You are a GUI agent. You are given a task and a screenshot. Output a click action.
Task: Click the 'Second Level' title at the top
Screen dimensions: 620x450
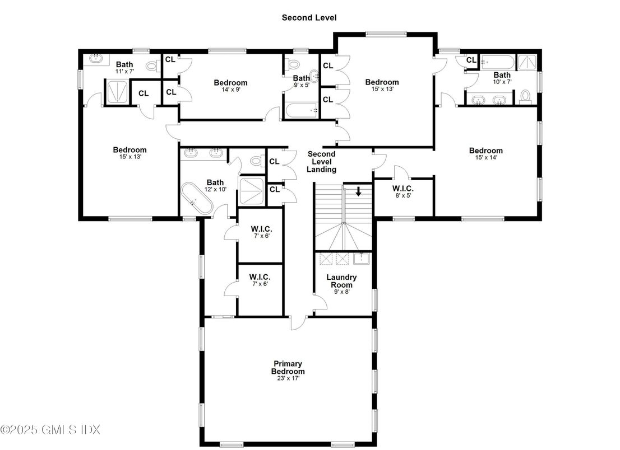pos(309,17)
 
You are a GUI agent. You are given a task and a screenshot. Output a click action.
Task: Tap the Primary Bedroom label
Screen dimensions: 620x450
pos(288,368)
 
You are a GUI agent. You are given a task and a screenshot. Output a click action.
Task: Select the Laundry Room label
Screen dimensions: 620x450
pos(341,281)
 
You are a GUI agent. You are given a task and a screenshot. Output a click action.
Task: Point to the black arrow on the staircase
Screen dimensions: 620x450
pos(358,191)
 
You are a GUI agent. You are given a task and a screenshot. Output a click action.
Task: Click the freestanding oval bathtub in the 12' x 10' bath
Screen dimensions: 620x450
pos(197,199)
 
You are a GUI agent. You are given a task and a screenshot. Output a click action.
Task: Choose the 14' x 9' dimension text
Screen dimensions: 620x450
pos(231,90)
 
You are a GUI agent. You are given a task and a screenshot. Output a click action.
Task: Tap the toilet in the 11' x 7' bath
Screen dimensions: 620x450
pos(152,66)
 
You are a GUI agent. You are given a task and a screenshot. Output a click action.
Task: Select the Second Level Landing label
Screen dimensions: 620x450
pos(321,162)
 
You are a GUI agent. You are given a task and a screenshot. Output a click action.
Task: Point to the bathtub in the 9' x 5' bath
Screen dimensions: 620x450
pos(302,110)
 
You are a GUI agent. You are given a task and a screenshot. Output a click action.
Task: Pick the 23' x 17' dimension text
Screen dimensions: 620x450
pos(288,378)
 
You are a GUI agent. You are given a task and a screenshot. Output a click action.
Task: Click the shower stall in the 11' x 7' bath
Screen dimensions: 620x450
pos(117,91)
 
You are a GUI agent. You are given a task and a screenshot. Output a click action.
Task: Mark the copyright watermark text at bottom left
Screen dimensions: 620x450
pos(50,429)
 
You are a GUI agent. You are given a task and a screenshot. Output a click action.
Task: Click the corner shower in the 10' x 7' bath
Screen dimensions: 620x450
pos(528,63)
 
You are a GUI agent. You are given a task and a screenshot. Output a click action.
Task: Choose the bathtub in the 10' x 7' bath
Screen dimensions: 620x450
pos(498,62)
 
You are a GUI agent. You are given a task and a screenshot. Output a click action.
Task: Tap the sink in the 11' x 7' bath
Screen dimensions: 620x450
pos(96,59)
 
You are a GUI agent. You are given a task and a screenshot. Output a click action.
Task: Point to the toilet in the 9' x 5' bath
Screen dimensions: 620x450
pos(293,64)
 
